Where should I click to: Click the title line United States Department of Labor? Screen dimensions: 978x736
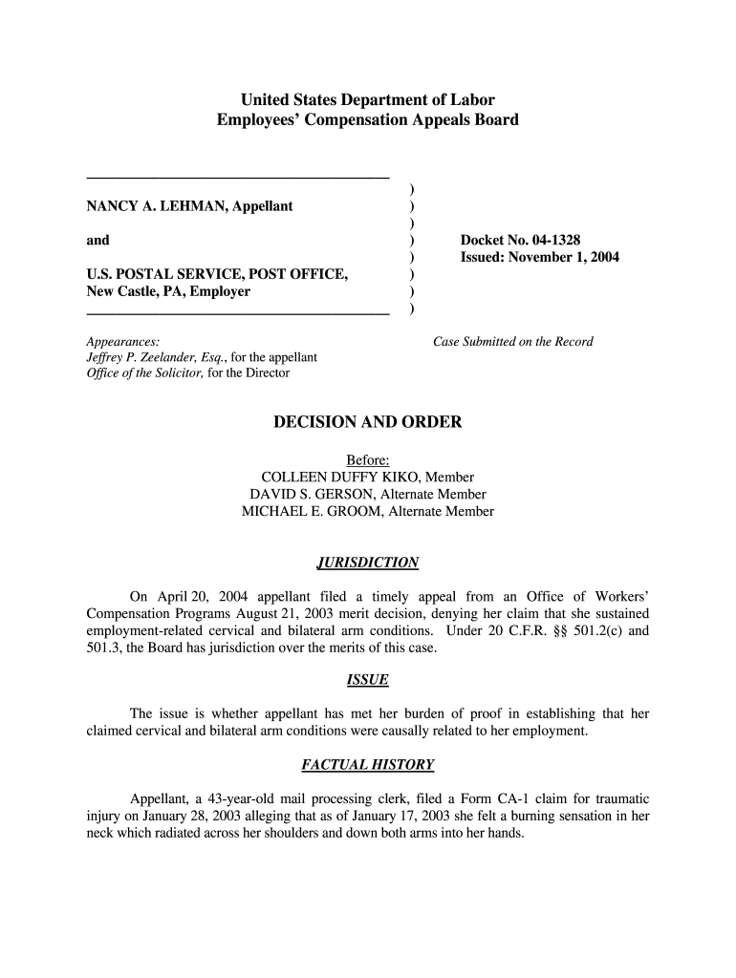coord(367,99)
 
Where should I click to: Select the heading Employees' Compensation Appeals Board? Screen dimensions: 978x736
coord(367,120)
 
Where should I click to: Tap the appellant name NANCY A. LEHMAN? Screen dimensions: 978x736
coord(155,206)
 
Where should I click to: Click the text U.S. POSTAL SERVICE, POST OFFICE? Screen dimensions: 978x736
coord(217,275)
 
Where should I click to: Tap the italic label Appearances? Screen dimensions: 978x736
coord(122,341)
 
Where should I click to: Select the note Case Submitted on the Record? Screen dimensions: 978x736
coord(513,341)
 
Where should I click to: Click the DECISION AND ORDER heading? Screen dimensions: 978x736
coord(367,422)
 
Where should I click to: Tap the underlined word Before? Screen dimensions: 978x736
coord(367,460)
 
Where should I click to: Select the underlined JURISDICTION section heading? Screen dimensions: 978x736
coord(367,563)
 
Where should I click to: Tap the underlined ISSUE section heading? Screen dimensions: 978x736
coord(367,681)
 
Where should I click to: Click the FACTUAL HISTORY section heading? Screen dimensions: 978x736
coord(367,765)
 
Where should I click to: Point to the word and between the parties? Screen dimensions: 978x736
coord(97,240)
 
